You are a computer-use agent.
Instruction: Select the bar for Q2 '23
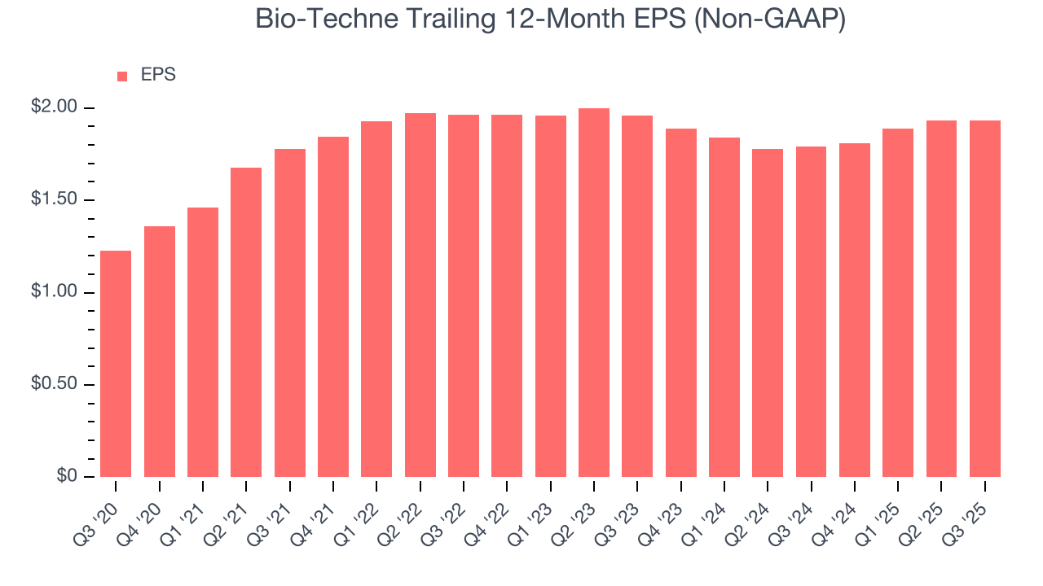(x=594, y=293)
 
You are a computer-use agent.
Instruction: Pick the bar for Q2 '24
(x=768, y=313)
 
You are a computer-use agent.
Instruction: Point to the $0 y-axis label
(x=65, y=476)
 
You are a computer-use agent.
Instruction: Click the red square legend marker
(x=122, y=76)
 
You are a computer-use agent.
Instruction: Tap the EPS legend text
(x=158, y=75)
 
